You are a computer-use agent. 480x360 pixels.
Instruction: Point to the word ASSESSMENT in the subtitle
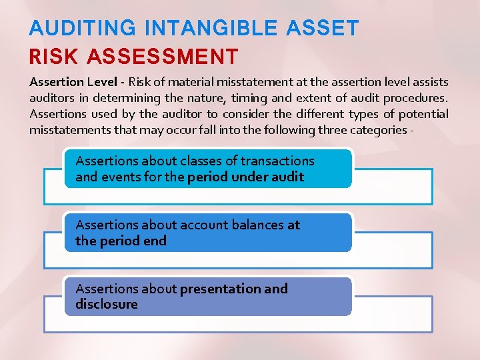click(x=166, y=56)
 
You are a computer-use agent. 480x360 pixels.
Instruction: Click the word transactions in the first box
click(x=277, y=161)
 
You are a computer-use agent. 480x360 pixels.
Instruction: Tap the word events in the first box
click(x=115, y=177)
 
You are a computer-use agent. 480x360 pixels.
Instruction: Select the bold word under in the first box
click(x=247, y=177)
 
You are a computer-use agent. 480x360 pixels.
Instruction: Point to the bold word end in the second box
click(x=155, y=241)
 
